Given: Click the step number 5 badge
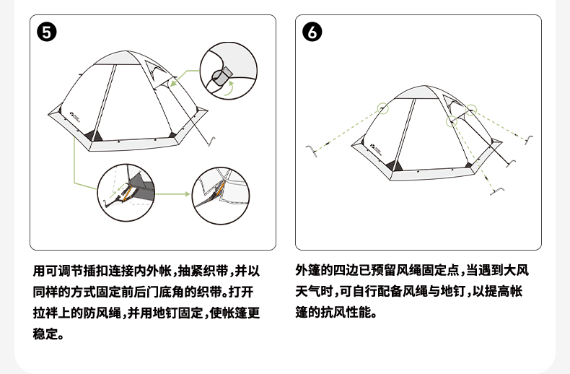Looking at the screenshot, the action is coord(47,33).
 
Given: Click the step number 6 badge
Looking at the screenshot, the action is coord(312,33).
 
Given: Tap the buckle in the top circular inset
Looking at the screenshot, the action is coord(224,72).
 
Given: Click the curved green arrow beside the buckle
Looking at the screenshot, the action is coord(229,89).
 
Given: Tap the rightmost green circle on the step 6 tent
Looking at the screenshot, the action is coord(472,110).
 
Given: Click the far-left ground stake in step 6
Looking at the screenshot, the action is coord(312,149).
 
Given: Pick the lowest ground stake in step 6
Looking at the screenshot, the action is coord(497,190).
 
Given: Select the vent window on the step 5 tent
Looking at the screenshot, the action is coord(156,70).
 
